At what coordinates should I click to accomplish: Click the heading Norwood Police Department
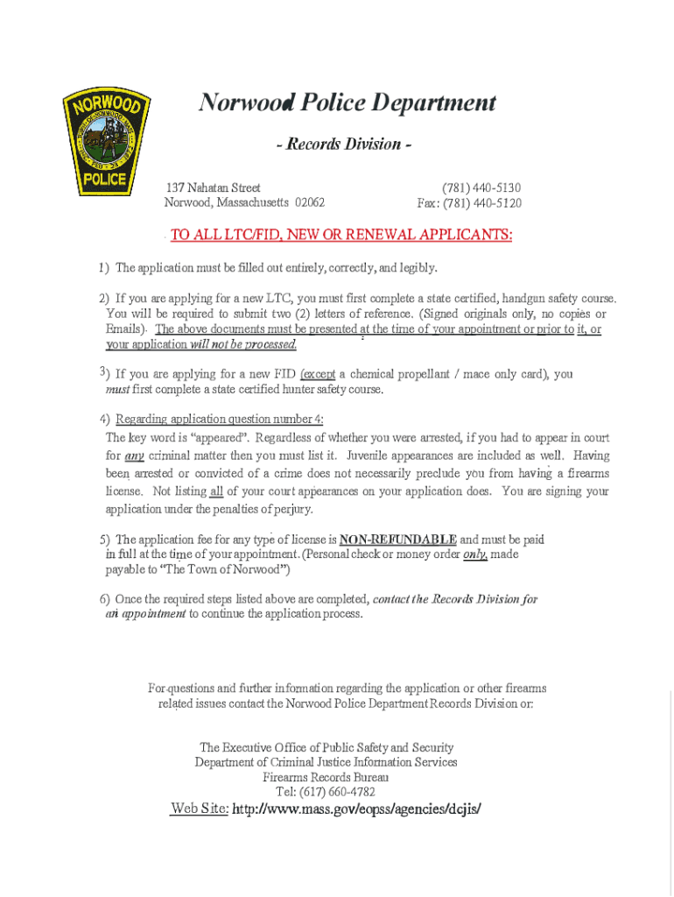click(347, 103)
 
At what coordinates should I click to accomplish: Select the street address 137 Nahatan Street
click(214, 187)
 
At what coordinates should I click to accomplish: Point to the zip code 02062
click(310, 202)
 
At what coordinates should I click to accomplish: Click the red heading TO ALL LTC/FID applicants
click(341, 235)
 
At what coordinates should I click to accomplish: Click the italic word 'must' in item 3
click(117, 389)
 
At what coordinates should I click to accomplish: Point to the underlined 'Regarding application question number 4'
click(220, 419)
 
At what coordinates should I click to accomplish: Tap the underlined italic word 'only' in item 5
click(474, 554)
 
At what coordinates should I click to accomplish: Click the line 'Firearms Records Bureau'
click(326, 777)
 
